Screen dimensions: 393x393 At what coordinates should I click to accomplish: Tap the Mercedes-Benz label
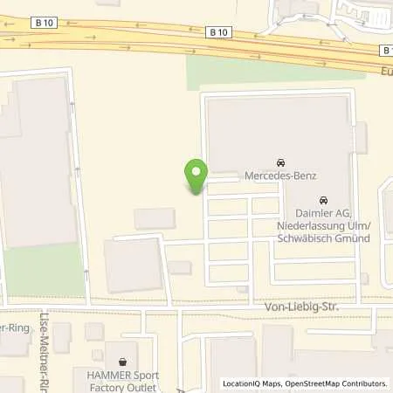coord(279,176)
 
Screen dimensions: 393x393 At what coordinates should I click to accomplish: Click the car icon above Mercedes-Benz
coord(279,163)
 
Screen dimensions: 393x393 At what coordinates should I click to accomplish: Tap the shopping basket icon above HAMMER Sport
coord(123,361)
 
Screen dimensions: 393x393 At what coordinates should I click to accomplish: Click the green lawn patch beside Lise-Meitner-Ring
coord(44,270)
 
